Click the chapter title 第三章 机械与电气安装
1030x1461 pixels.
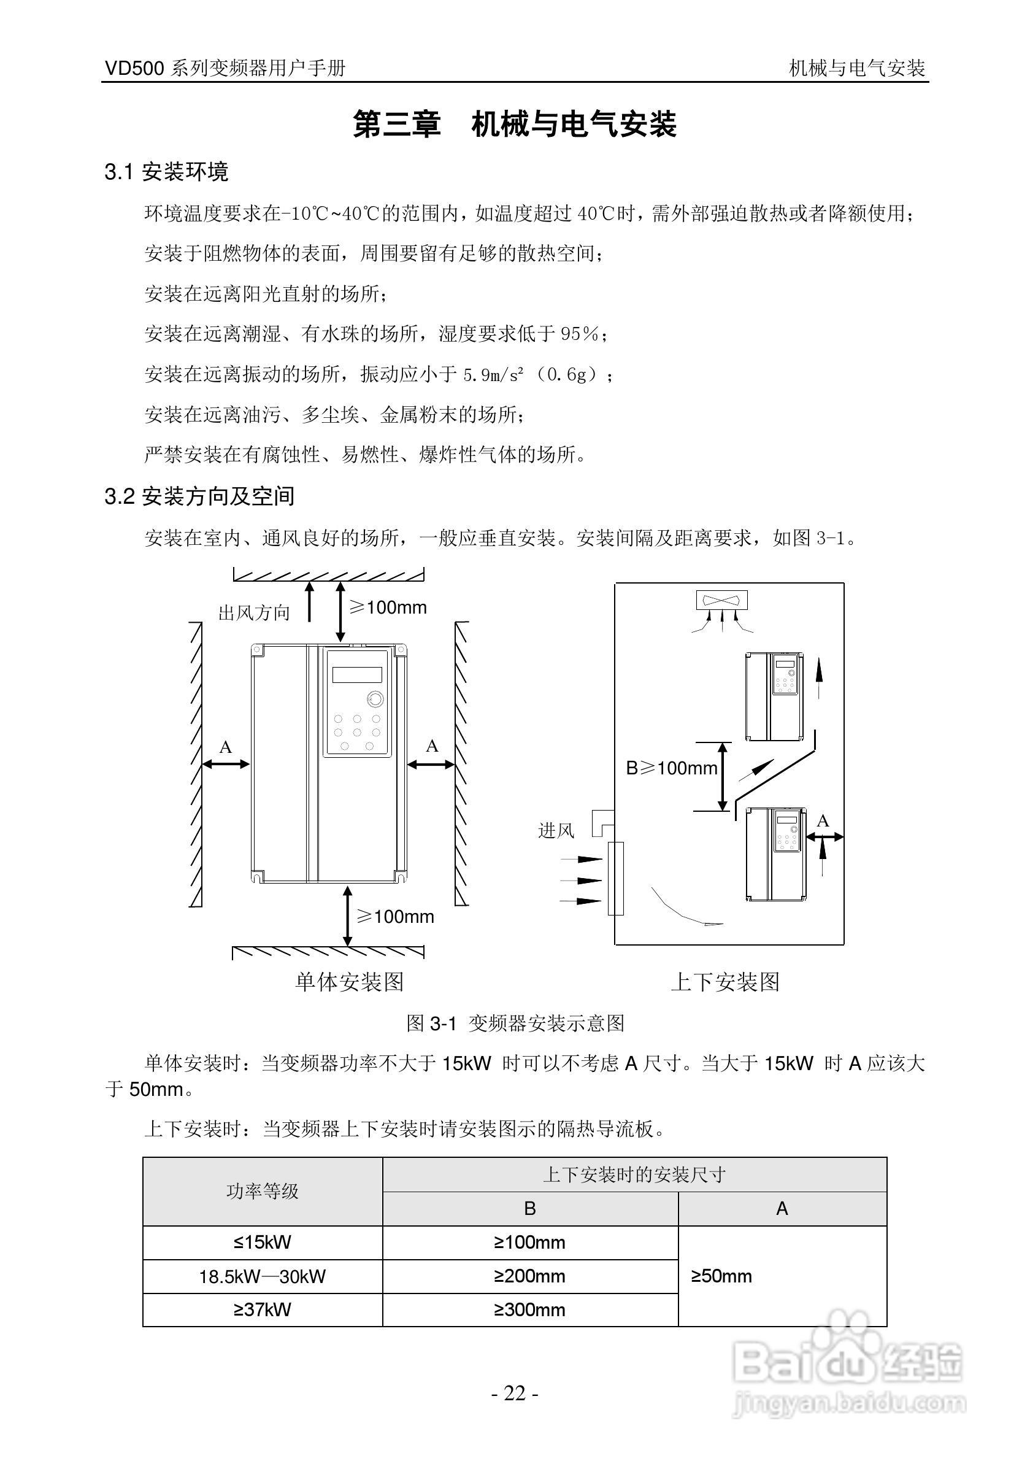[515, 124]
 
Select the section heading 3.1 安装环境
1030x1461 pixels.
[166, 172]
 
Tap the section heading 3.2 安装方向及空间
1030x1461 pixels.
[199, 496]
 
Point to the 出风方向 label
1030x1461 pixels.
[254, 613]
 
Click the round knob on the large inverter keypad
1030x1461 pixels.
[375, 700]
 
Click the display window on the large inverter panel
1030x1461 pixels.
[357, 674]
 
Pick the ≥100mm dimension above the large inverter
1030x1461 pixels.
[388, 607]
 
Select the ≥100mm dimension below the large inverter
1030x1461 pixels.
[395, 917]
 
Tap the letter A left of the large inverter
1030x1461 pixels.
[225, 747]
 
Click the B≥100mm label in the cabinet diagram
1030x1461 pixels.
[671, 769]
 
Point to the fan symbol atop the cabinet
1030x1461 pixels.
[721, 600]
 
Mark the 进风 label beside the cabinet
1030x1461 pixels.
[556, 830]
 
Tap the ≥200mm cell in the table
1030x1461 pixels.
[529, 1276]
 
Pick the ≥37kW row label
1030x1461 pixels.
[262, 1309]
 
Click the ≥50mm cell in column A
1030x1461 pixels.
[721, 1276]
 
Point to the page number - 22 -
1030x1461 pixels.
[515, 1394]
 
